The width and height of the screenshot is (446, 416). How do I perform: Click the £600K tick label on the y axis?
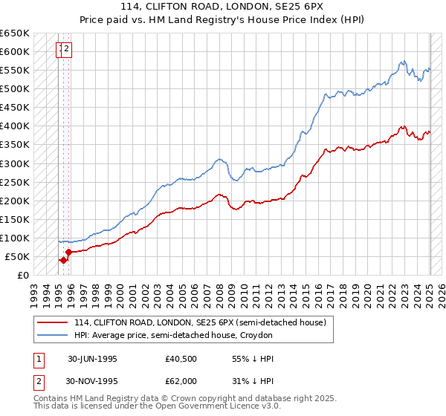click(15, 52)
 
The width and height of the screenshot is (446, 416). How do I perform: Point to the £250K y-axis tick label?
click(15, 182)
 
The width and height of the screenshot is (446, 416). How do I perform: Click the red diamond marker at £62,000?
click(68, 252)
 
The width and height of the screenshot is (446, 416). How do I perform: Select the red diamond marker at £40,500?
click(63, 260)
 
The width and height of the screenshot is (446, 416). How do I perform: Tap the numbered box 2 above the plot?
click(67, 50)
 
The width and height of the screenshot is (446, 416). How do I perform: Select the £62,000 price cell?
click(181, 380)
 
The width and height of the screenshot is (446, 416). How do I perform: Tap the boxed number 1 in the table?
click(39, 359)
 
